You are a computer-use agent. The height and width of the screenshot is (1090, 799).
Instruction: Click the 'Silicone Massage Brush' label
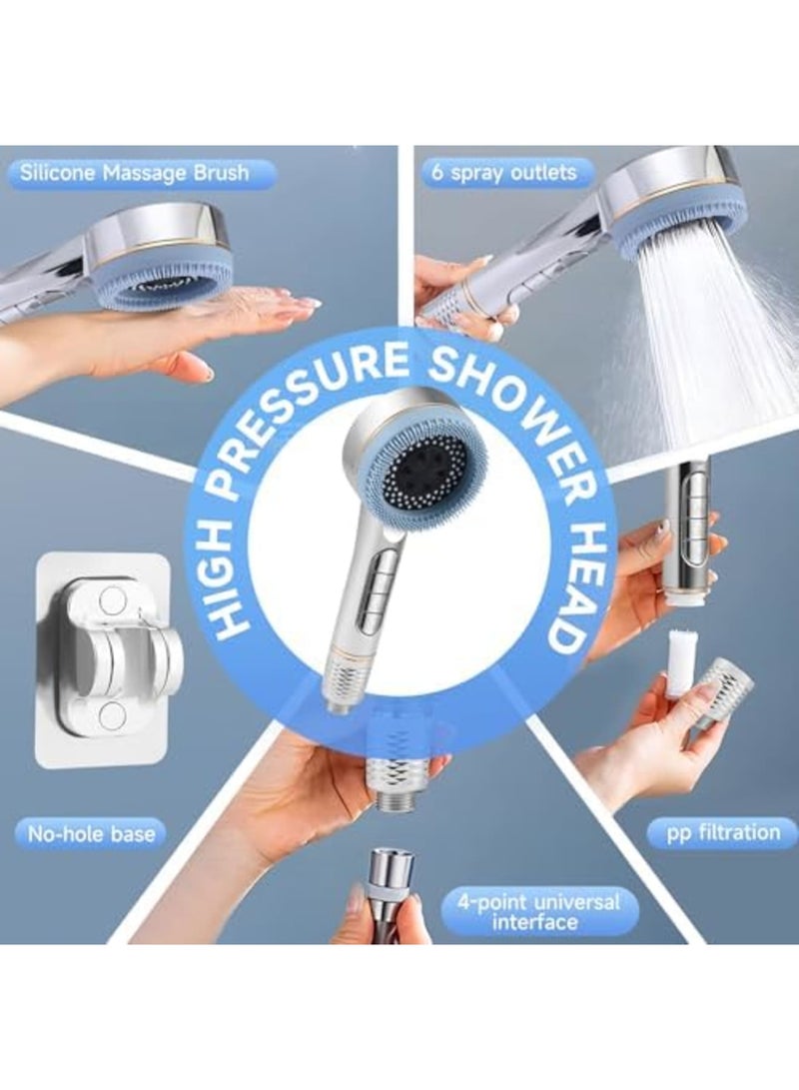click(134, 173)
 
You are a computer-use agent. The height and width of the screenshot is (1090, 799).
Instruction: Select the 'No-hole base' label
click(92, 832)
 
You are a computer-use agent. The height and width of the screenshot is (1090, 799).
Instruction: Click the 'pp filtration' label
click(723, 831)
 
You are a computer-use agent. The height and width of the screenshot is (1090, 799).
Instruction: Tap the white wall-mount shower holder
click(108, 658)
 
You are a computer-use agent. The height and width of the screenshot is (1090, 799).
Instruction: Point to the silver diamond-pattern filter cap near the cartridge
click(723, 689)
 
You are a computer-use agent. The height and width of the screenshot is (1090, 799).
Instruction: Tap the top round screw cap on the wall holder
click(113, 600)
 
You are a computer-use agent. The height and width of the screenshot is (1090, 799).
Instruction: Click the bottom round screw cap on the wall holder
click(112, 714)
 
